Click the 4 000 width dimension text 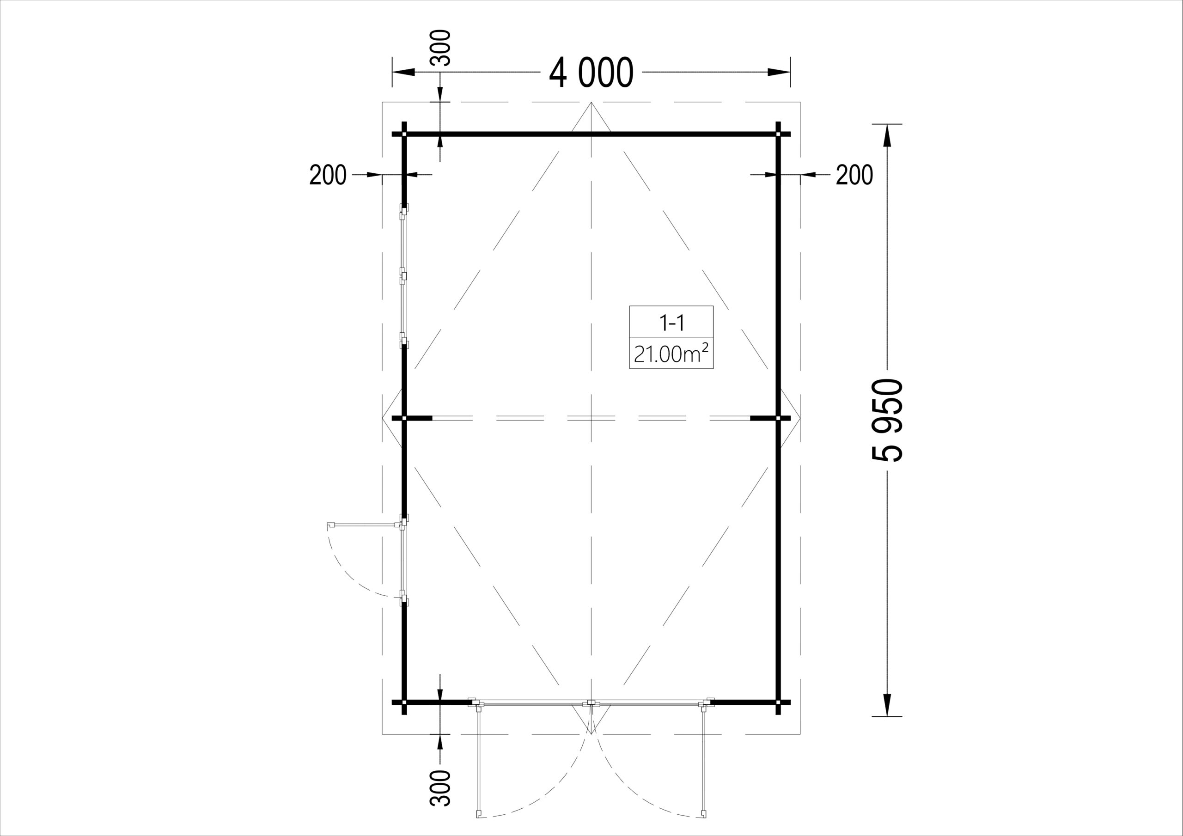tap(591, 73)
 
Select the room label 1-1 tap(671, 323)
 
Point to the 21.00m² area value tap(671, 354)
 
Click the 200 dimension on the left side tap(328, 175)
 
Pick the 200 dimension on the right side tap(854, 175)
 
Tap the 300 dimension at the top tap(440, 48)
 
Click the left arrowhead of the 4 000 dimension tap(404, 73)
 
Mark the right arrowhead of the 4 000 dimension tap(779, 73)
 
